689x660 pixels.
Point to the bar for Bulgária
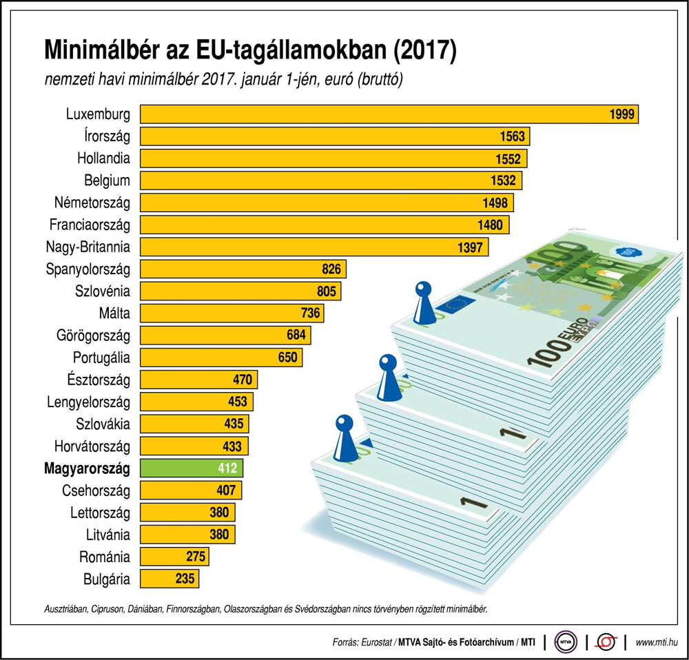(x=169, y=579)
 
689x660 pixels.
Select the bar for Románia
(x=174, y=557)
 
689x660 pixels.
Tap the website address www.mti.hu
(x=657, y=642)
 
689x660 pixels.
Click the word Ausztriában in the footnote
(x=68, y=610)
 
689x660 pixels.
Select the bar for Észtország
(x=198, y=380)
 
